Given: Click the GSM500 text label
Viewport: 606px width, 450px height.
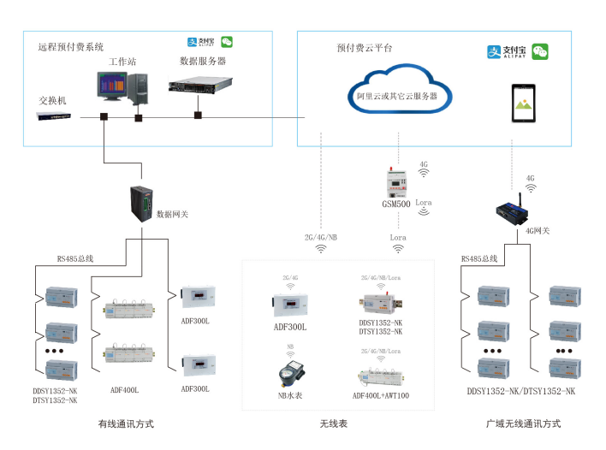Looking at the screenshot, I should coord(395,205).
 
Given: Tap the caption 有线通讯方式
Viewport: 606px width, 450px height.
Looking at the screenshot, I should coord(126,423).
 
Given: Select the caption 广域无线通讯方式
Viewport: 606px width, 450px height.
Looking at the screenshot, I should coord(522,423).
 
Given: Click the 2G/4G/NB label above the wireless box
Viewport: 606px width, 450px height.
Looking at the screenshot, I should coord(320,236).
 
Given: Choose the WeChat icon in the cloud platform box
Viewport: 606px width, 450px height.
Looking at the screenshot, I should coord(540,52).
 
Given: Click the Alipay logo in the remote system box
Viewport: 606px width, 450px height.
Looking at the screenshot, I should coord(199,41).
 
